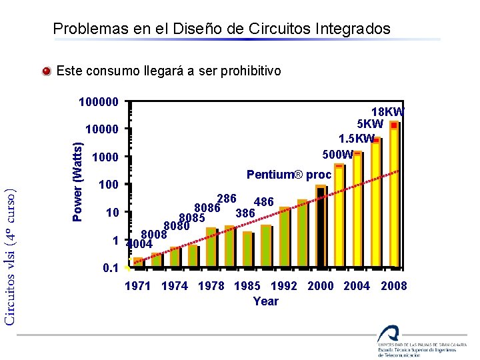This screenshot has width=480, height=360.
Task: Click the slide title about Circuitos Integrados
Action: [221, 29]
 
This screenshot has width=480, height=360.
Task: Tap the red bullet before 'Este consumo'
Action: [45, 71]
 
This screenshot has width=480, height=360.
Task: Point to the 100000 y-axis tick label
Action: [99, 103]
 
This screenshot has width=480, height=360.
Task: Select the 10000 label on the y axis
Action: [102, 129]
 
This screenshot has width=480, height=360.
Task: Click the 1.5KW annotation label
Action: [357, 139]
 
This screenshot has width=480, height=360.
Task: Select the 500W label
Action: [337, 155]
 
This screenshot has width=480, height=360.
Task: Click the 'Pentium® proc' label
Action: [289, 175]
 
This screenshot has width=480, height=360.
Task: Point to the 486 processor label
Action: [264, 202]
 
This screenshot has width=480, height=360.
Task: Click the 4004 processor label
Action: [141, 244]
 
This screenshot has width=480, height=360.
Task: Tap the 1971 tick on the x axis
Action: [138, 286]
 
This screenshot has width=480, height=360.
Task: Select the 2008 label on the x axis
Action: [393, 286]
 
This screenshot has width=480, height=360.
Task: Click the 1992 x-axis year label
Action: [283, 286]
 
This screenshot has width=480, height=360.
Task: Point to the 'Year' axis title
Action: [266, 301]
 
